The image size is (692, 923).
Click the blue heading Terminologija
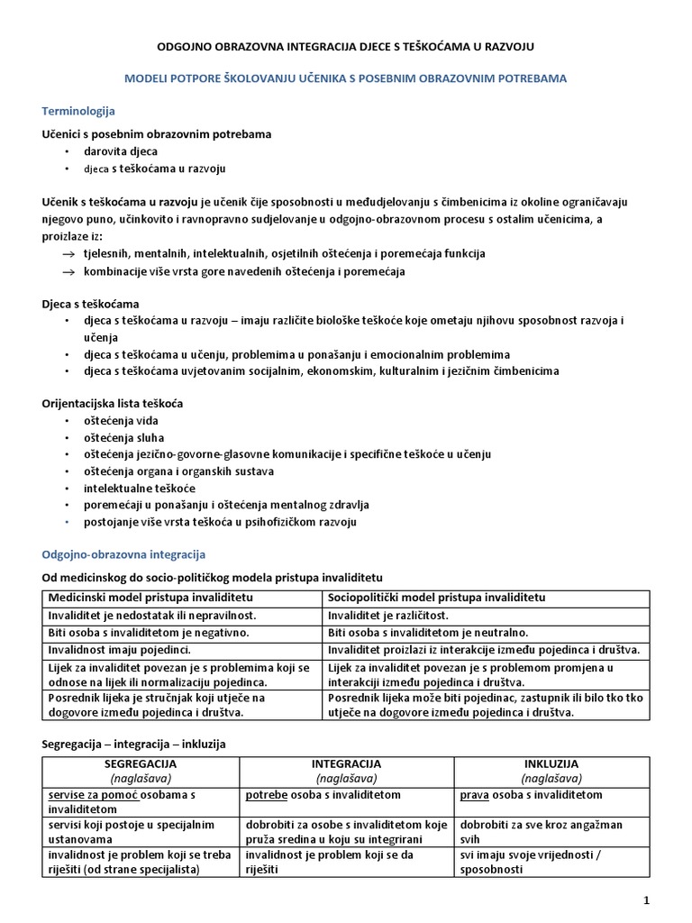79,111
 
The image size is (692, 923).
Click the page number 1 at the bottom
646,900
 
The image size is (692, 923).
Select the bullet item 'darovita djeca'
121,151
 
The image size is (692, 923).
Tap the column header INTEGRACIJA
346,763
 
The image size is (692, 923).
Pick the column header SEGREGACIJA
141,763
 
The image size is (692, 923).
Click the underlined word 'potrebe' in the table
265,795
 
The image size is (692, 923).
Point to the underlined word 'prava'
474,795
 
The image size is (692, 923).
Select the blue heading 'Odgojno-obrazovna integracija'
125,553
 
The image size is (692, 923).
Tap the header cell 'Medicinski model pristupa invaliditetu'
150,598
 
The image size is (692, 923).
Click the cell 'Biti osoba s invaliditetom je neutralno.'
428,632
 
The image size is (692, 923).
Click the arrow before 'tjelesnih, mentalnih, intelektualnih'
68,254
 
